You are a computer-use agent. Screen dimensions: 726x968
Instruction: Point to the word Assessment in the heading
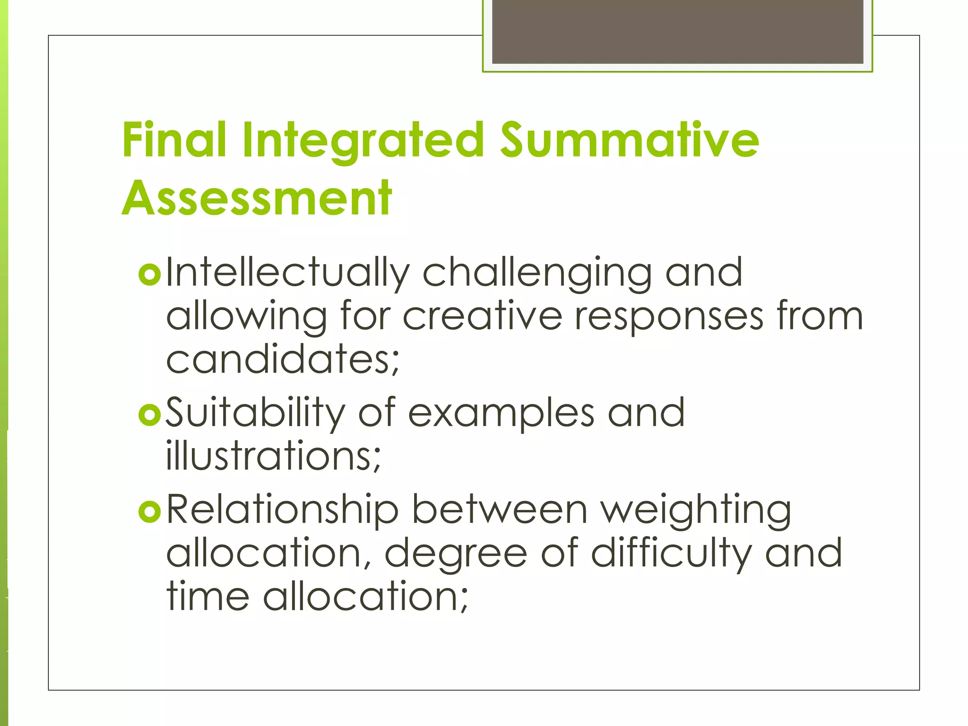[x=257, y=199]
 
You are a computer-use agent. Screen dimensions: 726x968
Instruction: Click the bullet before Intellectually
[x=150, y=274]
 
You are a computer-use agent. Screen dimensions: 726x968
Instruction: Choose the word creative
[x=482, y=316]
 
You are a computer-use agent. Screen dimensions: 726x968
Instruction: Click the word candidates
[x=282, y=359]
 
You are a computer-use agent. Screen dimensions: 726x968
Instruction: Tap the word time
[x=208, y=596]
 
